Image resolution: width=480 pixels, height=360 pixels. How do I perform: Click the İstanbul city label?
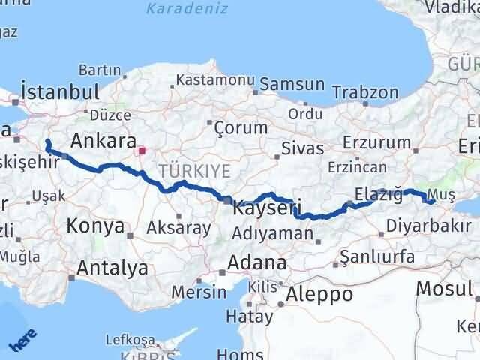(x=61, y=91)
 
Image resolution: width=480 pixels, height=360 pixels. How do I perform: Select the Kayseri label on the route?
(x=267, y=207)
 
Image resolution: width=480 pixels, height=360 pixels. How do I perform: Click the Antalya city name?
(x=112, y=268)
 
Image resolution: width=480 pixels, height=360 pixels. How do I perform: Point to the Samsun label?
(x=291, y=85)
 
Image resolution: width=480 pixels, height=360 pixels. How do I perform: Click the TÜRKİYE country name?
(x=193, y=171)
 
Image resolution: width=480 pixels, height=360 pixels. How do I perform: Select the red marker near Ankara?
(x=142, y=151)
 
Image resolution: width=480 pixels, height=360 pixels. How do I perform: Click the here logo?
(x=20, y=339)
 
